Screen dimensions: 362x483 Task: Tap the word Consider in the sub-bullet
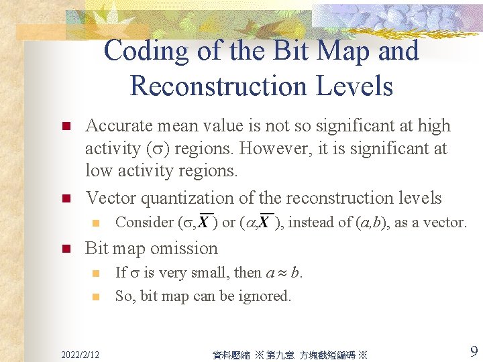pyautogui.click(x=143, y=223)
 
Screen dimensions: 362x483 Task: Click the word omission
pyautogui.click(x=186, y=248)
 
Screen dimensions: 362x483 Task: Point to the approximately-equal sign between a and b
pyautogui.click(x=283, y=273)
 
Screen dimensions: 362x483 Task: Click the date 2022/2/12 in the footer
pyautogui.click(x=80, y=353)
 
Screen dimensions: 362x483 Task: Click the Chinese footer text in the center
pyautogui.click(x=290, y=354)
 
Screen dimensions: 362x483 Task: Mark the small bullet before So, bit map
pyautogui.click(x=96, y=296)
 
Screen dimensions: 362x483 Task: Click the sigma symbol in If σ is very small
pyautogui.click(x=134, y=273)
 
